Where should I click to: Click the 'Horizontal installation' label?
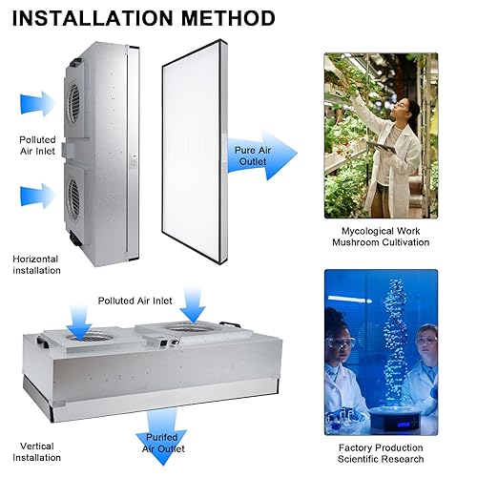pos(36,264)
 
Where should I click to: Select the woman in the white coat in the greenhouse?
pos(387,143)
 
